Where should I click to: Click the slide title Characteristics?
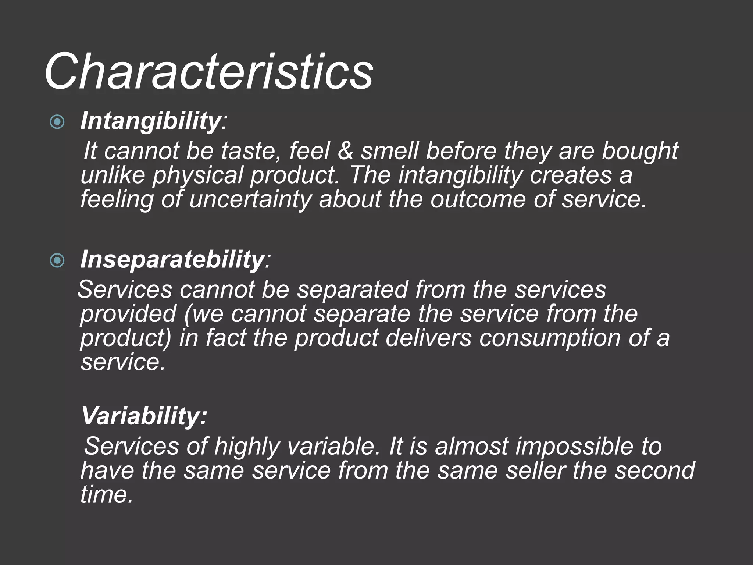[x=209, y=72]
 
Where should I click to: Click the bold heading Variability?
[x=144, y=416]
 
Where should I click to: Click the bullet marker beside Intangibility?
[x=57, y=122]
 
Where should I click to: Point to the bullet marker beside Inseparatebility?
[x=57, y=261]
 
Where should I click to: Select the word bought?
[x=640, y=151]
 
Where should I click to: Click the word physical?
[x=198, y=175]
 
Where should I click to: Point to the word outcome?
[x=478, y=200]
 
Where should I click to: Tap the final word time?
[x=106, y=494]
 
